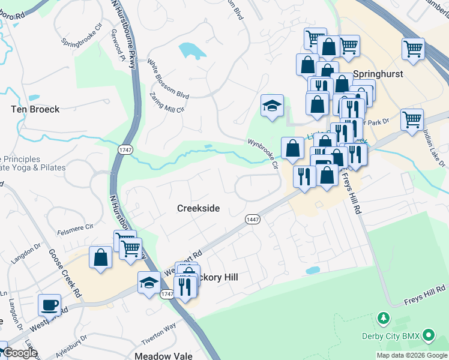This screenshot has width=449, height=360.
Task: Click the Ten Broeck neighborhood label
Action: tap(35, 109)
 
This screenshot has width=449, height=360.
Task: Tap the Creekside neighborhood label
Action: tap(198, 208)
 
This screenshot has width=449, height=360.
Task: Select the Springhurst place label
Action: tap(378, 74)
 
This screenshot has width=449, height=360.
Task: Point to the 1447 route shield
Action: tap(252, 220)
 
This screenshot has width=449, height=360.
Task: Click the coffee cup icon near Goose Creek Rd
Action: tap(49, 305)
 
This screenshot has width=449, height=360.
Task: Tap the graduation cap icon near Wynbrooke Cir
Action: tap(272, 106)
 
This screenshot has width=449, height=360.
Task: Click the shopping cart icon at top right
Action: tap(413, 49)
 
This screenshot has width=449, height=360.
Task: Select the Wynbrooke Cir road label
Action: tap(264, 154)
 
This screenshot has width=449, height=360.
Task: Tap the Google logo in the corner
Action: tap(20, 353)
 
